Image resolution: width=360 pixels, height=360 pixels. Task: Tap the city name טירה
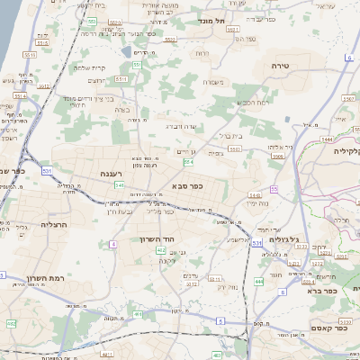(282, 67)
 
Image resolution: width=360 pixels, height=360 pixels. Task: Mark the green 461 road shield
(138, 314)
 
